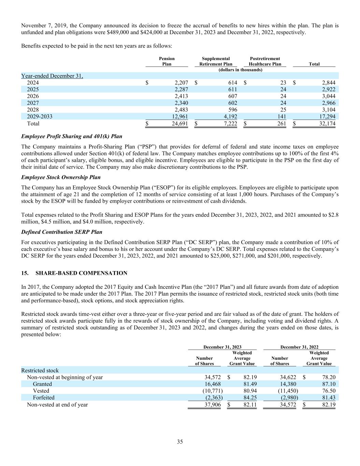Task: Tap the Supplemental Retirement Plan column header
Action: (x=216, y=61)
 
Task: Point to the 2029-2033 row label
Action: (x=40, y=117)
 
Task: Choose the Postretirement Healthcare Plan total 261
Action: (x=282, y=124)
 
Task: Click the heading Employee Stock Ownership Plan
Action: (x=61, y=177)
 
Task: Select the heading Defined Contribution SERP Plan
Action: (x=61, y=232)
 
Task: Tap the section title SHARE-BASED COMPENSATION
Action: (x=81, y=273)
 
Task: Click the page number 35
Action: (x=180, y=442)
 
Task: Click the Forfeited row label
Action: (x=43, y=398)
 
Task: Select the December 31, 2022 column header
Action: (x=299, y=347)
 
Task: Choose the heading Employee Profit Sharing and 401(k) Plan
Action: (x=72, y=136)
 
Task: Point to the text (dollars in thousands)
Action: (x=240, y=70)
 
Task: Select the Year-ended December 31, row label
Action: (x=52, y=76)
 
